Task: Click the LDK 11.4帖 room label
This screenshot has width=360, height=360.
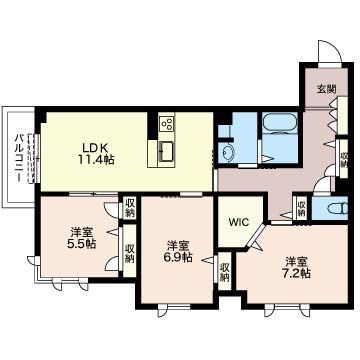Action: (x=96, y=153)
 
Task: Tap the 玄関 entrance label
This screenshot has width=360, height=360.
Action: (x=326, y=89)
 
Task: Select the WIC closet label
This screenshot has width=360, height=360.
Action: (x=238, y=222)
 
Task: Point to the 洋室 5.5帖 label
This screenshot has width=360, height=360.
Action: (x=82, y=238)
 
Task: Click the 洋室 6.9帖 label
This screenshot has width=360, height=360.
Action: (x=179, y=252)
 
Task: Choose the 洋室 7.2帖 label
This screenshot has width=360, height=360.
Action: (x=297, y=268)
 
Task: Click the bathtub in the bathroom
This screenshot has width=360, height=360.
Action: (x=280, y=124)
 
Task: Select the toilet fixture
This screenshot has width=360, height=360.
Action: (x=338, y=209)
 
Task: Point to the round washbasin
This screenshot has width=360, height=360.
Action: (x=229, y=153)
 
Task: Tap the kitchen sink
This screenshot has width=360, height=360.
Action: (x=166, y=151)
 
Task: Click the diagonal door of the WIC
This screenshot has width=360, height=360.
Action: (x=258, y=235)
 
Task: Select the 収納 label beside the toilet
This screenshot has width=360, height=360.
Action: (x=301, y=207)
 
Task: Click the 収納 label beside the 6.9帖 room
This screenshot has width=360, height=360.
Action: (x=225, y=272)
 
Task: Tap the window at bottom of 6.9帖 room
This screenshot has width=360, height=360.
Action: (x=174, y=307)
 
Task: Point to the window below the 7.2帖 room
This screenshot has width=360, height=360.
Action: (x=287, y=307)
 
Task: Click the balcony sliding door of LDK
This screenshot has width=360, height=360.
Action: (x=35, y=158)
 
